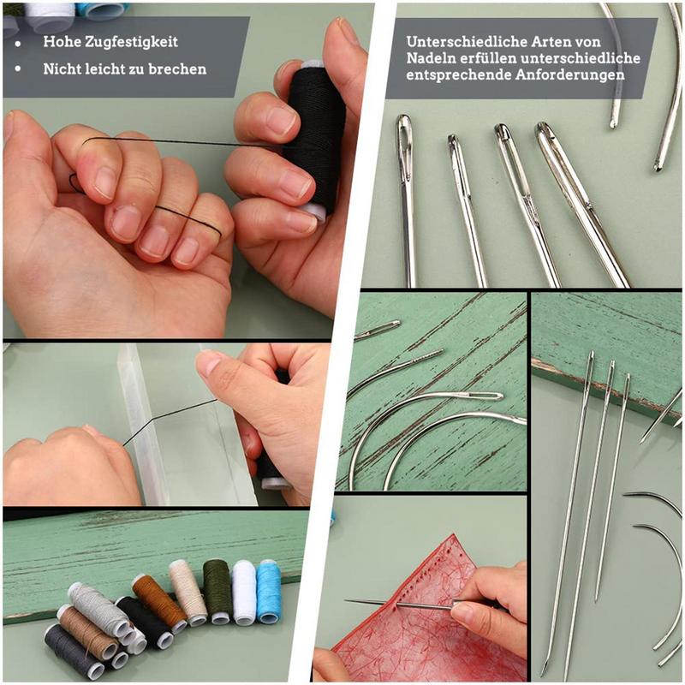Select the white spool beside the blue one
(244, 591)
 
